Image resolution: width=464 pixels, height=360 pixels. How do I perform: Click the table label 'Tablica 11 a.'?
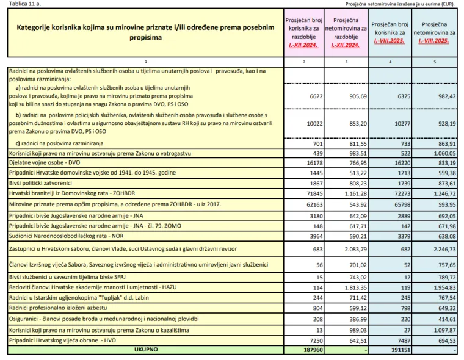tap(23, 4)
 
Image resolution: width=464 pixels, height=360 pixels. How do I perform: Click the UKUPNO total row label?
tap(145, 350)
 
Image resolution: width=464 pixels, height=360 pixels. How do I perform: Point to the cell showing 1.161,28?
tap(354, 192)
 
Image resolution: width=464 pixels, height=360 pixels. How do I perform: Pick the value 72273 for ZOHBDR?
tap(399, 192)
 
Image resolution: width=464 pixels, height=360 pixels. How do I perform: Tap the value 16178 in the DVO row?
tap(313, 164)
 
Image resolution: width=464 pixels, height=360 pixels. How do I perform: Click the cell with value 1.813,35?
tap(354, 287)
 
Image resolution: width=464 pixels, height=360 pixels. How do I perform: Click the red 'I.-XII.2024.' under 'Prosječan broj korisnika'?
tap(304, 45)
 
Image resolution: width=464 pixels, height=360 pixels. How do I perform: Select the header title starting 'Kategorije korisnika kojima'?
tap(145, 32)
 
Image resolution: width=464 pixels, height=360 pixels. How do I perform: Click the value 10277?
tap(399, 123)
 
